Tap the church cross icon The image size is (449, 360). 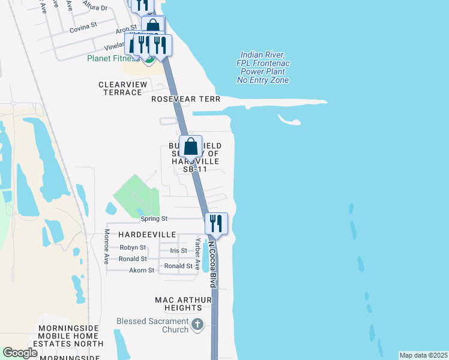click(x=197, y=325)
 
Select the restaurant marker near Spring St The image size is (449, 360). click(x=217, y=224)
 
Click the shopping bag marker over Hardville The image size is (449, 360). click(x=190, y=146)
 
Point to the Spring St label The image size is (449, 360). click(x=155, y=219)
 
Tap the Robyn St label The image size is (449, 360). click(x=133, y=247)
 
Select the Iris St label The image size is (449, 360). click(x=179, y=251)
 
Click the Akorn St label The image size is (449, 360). click(x=142, y=271)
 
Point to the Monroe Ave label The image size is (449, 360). click(x=106, y=247)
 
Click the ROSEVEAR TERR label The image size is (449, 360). click(x=185, y=99)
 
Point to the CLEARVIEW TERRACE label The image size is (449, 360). click(x=123, y=88)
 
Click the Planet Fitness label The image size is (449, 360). click(x=114, y=58)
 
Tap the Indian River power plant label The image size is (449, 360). click(x=263, y=67)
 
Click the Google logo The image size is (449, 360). click(x=20, y=353)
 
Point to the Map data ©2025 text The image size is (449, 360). click(x=423, y=355)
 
